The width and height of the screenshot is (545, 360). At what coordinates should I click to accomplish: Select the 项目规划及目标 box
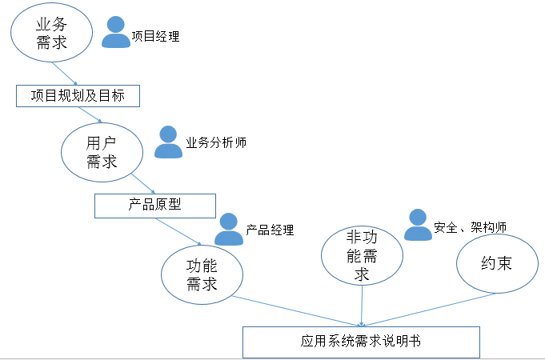(78, 96)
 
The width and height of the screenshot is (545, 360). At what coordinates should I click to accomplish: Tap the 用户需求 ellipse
(102, 151)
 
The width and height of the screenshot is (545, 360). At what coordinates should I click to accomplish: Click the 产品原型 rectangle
(155, 205)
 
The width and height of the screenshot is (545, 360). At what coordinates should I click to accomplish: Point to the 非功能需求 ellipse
(362, 255)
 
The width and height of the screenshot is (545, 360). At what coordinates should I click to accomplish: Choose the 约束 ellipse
(496, 263)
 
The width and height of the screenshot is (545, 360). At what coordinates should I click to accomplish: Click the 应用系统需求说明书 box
(361, 341)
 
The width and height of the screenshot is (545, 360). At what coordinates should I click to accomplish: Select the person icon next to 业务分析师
(168, 142)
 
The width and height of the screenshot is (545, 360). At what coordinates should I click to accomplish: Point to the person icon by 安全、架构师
(418, 225)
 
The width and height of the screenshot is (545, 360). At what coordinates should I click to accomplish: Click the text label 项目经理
(155, 36)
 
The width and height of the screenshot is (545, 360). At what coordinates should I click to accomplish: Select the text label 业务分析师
(215, 142)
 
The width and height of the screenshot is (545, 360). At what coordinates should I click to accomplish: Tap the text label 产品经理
(270, 230)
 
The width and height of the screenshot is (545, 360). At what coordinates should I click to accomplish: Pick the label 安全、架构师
(470, 227)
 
